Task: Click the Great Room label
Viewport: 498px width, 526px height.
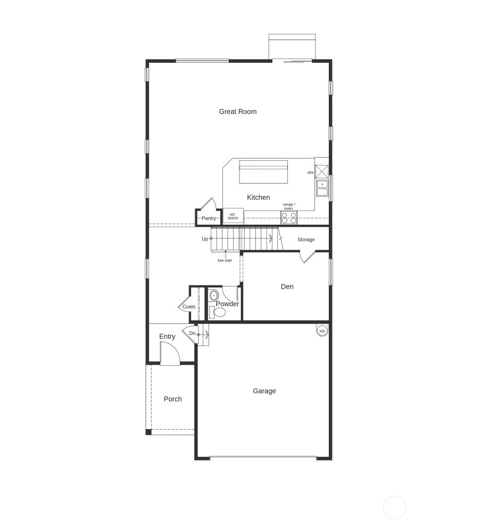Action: [x=238, y=111]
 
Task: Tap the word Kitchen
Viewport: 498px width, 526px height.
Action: [x=258, y=198]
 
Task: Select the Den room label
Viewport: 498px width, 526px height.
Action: [x=287, y=286]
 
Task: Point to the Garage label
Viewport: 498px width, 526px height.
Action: [x=264, y=391]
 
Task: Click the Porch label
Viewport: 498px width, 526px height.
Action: [x=172, y=399]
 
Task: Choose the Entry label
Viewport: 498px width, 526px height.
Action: [x=167, y=336]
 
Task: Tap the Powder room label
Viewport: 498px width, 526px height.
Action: [x=227, y=304]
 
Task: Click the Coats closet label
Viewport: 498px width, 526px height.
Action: [x=188, y=307]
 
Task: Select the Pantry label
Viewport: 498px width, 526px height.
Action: [x=209, y=218]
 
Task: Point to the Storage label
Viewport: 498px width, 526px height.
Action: [x=306, y=240]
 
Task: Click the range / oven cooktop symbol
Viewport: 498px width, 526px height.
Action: [x=289, y=217]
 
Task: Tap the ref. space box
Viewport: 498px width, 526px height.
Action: [x=233, y=216]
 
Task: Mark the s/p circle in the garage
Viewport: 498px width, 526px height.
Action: [x=321, y=331]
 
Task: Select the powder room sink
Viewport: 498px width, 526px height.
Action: [x=214, y=295]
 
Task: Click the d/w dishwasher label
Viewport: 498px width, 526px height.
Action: [x=310, y=172]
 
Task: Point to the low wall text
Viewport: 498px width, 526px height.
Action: [x=225, y=260]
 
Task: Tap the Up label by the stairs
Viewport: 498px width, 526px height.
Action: [x=205, y=239]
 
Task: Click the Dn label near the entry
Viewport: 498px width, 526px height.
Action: [x=192, y=334]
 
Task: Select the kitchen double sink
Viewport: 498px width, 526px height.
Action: [x=322, y=188]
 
